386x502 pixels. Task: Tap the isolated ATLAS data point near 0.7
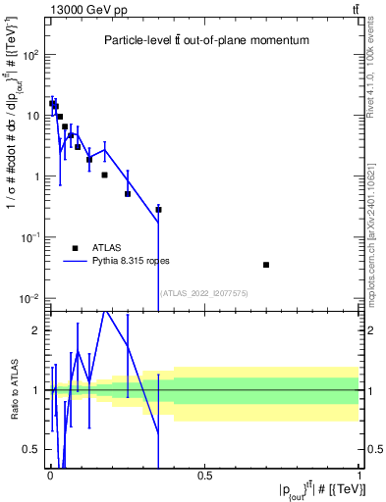[x=266, y=265]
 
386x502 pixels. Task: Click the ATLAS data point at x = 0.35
[x=158, y=209]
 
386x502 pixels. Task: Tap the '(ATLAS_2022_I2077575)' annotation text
[x=203, y=292]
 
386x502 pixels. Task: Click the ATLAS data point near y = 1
[x=104, y=175]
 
